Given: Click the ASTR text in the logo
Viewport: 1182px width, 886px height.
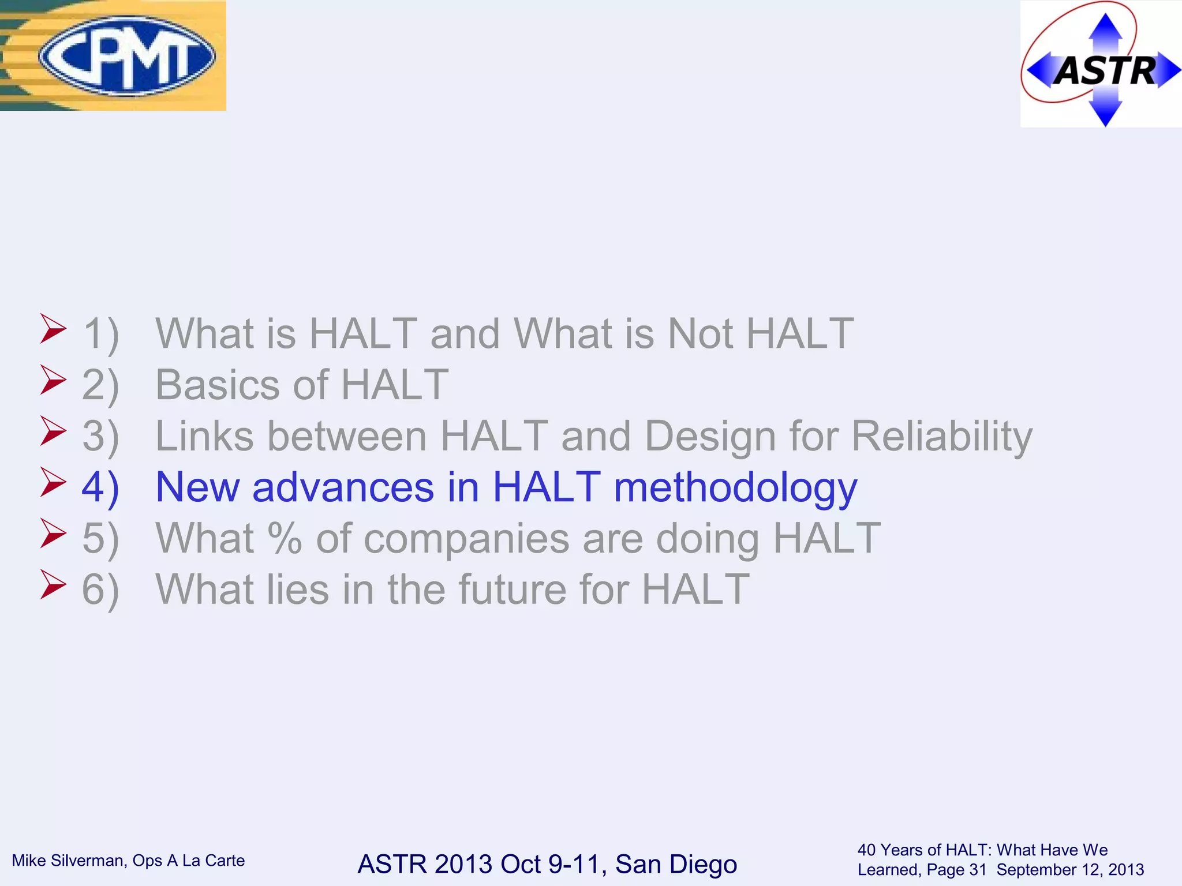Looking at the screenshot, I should tap(1105, 72).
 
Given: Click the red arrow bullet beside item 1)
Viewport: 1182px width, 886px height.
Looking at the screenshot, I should tap(53, 329).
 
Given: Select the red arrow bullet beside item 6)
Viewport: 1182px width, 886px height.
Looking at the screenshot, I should tap(53, 584).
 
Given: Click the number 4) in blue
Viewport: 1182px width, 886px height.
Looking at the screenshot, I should tap(100, 488).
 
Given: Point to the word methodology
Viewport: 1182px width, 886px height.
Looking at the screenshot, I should tap(735, 488).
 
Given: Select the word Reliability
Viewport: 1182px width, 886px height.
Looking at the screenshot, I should tap(941, 437).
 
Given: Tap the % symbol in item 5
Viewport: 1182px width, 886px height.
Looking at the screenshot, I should tap(285, 539).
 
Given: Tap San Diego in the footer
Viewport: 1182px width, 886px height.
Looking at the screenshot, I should tap(676, 864).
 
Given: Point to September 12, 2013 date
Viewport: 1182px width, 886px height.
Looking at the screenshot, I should tap(1070, 870).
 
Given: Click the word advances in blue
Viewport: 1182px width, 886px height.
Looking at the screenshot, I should tap(343, 488).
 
